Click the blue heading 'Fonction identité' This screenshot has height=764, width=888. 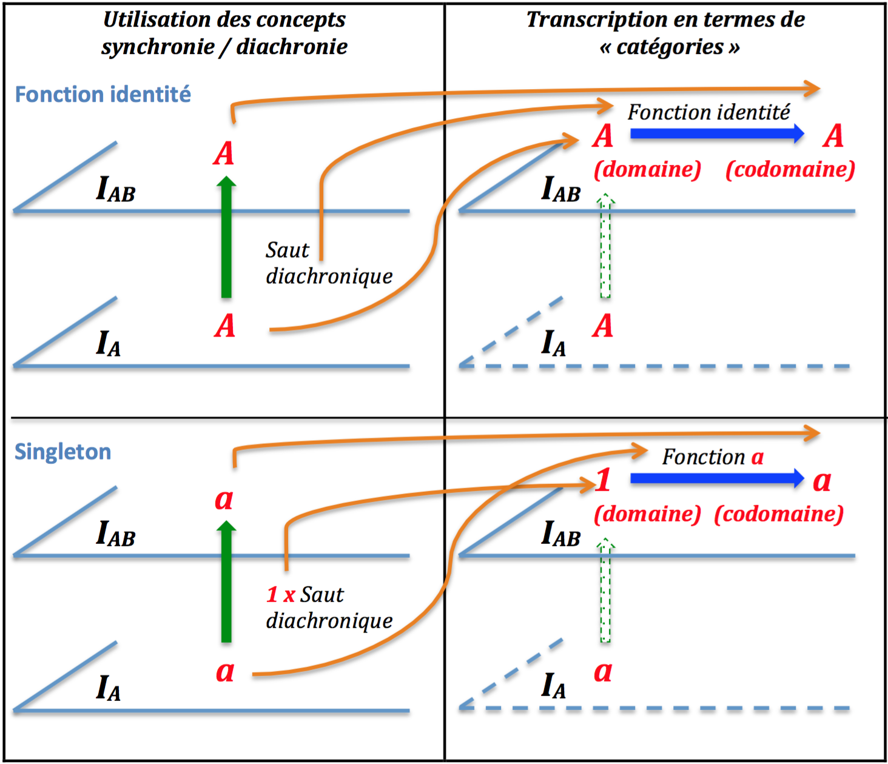tap(103, 95)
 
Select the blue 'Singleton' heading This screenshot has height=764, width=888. tap(62, 452)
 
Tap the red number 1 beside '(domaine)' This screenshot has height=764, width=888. tap(603, 480)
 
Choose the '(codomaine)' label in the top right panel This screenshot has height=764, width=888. tap(790, 170)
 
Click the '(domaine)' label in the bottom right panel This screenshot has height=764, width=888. tap(647, 514)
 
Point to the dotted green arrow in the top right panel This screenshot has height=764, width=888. tap(605, 246)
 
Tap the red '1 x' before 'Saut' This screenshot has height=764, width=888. tap(280, 595)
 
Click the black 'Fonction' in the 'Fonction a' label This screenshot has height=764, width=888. tap(704, 457)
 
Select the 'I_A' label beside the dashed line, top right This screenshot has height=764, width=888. tap(553, 344)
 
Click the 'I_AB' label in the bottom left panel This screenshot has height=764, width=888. tap(115, 534)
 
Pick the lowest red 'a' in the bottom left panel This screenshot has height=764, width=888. tap(225, 671)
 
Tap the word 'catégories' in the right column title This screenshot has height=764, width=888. tap(670, 47)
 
